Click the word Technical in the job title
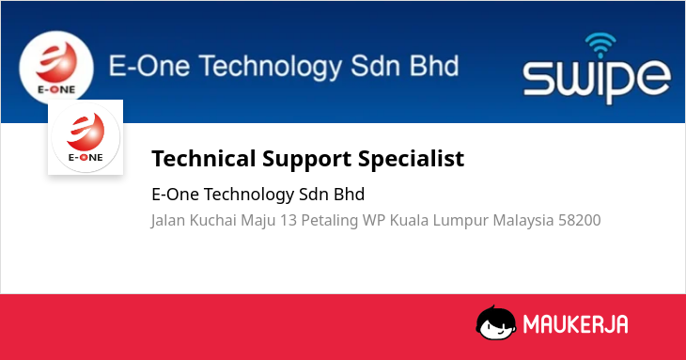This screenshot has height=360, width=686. [203, 158]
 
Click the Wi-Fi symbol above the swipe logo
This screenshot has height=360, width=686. [600, 45]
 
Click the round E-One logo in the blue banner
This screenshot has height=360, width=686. [56, 67]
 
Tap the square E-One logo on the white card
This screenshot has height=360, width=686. [86, 137]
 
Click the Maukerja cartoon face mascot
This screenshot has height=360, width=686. [496, 322]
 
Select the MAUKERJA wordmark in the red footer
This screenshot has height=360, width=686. [576, 324]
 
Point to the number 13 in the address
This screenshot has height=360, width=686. [288, 220]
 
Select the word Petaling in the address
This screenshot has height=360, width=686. [330, 221]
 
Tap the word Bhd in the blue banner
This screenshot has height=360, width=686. [434, 66]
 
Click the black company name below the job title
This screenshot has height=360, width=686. [258, 195]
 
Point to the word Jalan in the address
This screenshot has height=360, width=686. [168, 221]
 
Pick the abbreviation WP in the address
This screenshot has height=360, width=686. [374, 220]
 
